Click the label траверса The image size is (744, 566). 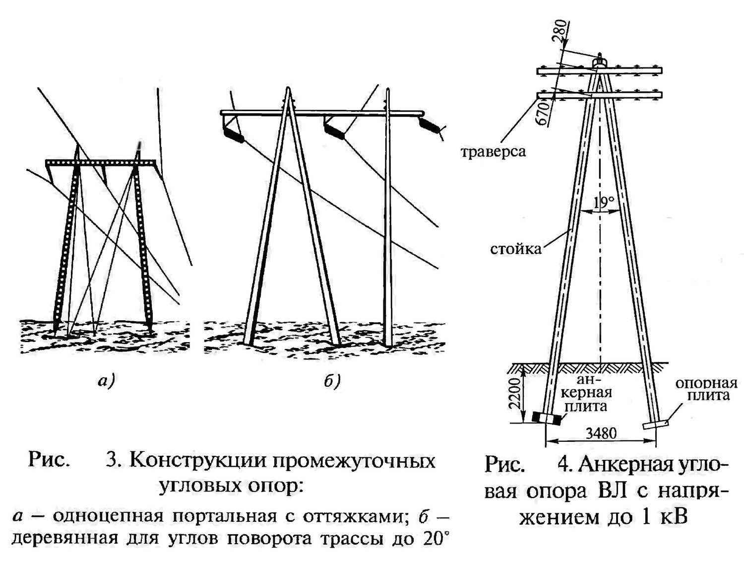493,151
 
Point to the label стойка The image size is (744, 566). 515,249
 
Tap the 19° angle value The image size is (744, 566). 604,202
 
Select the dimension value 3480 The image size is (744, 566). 601,433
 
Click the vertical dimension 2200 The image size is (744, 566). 514,393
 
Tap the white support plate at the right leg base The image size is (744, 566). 655,424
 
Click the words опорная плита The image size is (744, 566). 706,389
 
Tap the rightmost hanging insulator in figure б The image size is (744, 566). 430,125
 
